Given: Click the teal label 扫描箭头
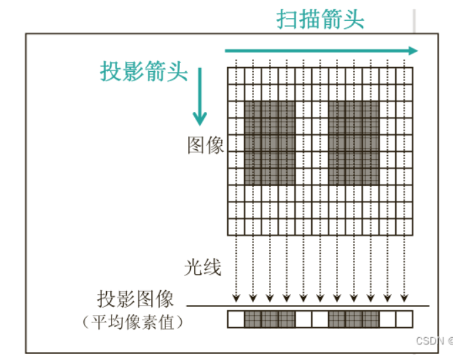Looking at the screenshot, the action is (x=321, y=19).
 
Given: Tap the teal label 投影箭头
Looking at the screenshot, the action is (x=144, y=71).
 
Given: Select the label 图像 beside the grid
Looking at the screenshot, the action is (x=206, y=145).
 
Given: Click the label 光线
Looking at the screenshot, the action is (x=202, y=268).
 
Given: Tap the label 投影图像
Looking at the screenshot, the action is (x=136, y=298).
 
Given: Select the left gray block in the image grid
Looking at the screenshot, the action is (x=270, y=143).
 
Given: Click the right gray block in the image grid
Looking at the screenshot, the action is (x=354, y=143).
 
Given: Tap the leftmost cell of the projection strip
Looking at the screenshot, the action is (x=236, y=318).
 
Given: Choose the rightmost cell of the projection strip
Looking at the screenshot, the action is (x=404, y=318).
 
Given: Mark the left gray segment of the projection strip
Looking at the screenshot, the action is (x=270, y=318).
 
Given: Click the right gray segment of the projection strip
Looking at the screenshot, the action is (x=354, y=318).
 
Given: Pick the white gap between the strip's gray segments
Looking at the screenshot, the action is (x=312, y=318).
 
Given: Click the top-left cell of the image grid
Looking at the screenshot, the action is (x=236, y=75).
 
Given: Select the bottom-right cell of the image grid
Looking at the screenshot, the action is (x=404, y=226).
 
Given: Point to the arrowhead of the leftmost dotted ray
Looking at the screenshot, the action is (x=236, y=299).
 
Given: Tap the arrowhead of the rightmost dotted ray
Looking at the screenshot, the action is (x=404, y=299).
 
